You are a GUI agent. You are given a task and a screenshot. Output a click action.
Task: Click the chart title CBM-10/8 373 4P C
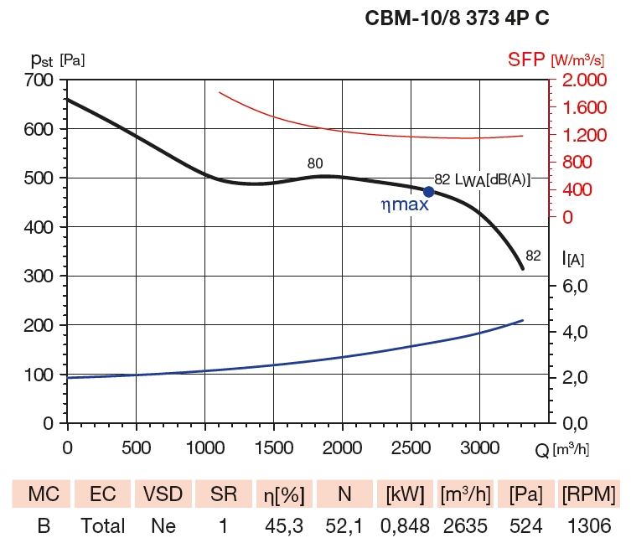pos(457,18)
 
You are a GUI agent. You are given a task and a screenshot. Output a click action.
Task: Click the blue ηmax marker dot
pos(429,192)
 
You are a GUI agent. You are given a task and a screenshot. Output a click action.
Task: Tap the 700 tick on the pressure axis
pos(37,80)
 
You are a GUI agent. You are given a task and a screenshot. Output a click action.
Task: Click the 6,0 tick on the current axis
pos(580,287)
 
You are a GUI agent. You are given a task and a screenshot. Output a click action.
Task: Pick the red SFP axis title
pos(555,59)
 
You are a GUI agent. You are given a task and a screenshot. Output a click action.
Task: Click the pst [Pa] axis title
pos(54,59)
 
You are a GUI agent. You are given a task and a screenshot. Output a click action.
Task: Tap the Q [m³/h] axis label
pos(562,449)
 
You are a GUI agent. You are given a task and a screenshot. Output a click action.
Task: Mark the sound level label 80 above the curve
pos(315,163)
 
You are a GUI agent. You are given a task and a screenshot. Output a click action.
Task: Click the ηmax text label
pos(404,204)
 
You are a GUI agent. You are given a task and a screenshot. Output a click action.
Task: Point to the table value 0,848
pos(405,525)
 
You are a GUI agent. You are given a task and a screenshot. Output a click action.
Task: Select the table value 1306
pos(587,525)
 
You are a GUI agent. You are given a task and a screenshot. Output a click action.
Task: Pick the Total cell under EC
pos(102,525)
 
